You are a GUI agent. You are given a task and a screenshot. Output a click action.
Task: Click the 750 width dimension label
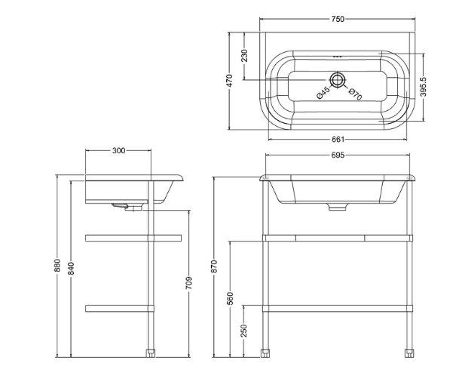337,19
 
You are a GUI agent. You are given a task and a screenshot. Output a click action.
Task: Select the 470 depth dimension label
231,81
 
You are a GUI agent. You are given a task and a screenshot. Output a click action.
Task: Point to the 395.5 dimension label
424,86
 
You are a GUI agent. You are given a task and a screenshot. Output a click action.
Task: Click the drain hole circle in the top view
338,79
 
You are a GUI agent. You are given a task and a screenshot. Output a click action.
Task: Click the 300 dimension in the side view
119,150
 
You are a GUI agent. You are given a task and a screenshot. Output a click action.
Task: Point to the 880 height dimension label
58,266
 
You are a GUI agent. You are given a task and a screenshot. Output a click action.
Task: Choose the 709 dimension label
189,282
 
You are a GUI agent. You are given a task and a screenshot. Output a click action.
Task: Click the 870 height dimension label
214,266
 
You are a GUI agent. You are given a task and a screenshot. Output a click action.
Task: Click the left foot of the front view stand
266,352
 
